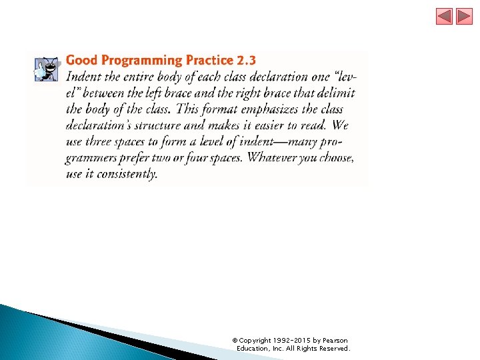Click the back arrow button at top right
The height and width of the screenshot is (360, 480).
(445, 16)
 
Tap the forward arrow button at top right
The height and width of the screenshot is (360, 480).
(465, 16)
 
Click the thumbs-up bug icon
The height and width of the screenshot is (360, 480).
(47, 68)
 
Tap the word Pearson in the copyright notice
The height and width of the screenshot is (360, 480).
(335, 341)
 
